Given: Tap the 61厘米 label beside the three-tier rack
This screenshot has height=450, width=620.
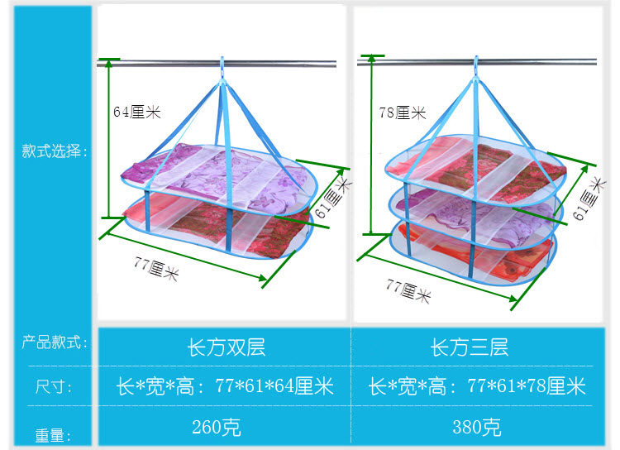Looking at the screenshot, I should tap(589, 198).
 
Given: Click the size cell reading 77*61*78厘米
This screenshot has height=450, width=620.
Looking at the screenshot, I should tap(477, 386).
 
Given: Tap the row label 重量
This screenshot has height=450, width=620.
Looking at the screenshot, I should tap(52, 435).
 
